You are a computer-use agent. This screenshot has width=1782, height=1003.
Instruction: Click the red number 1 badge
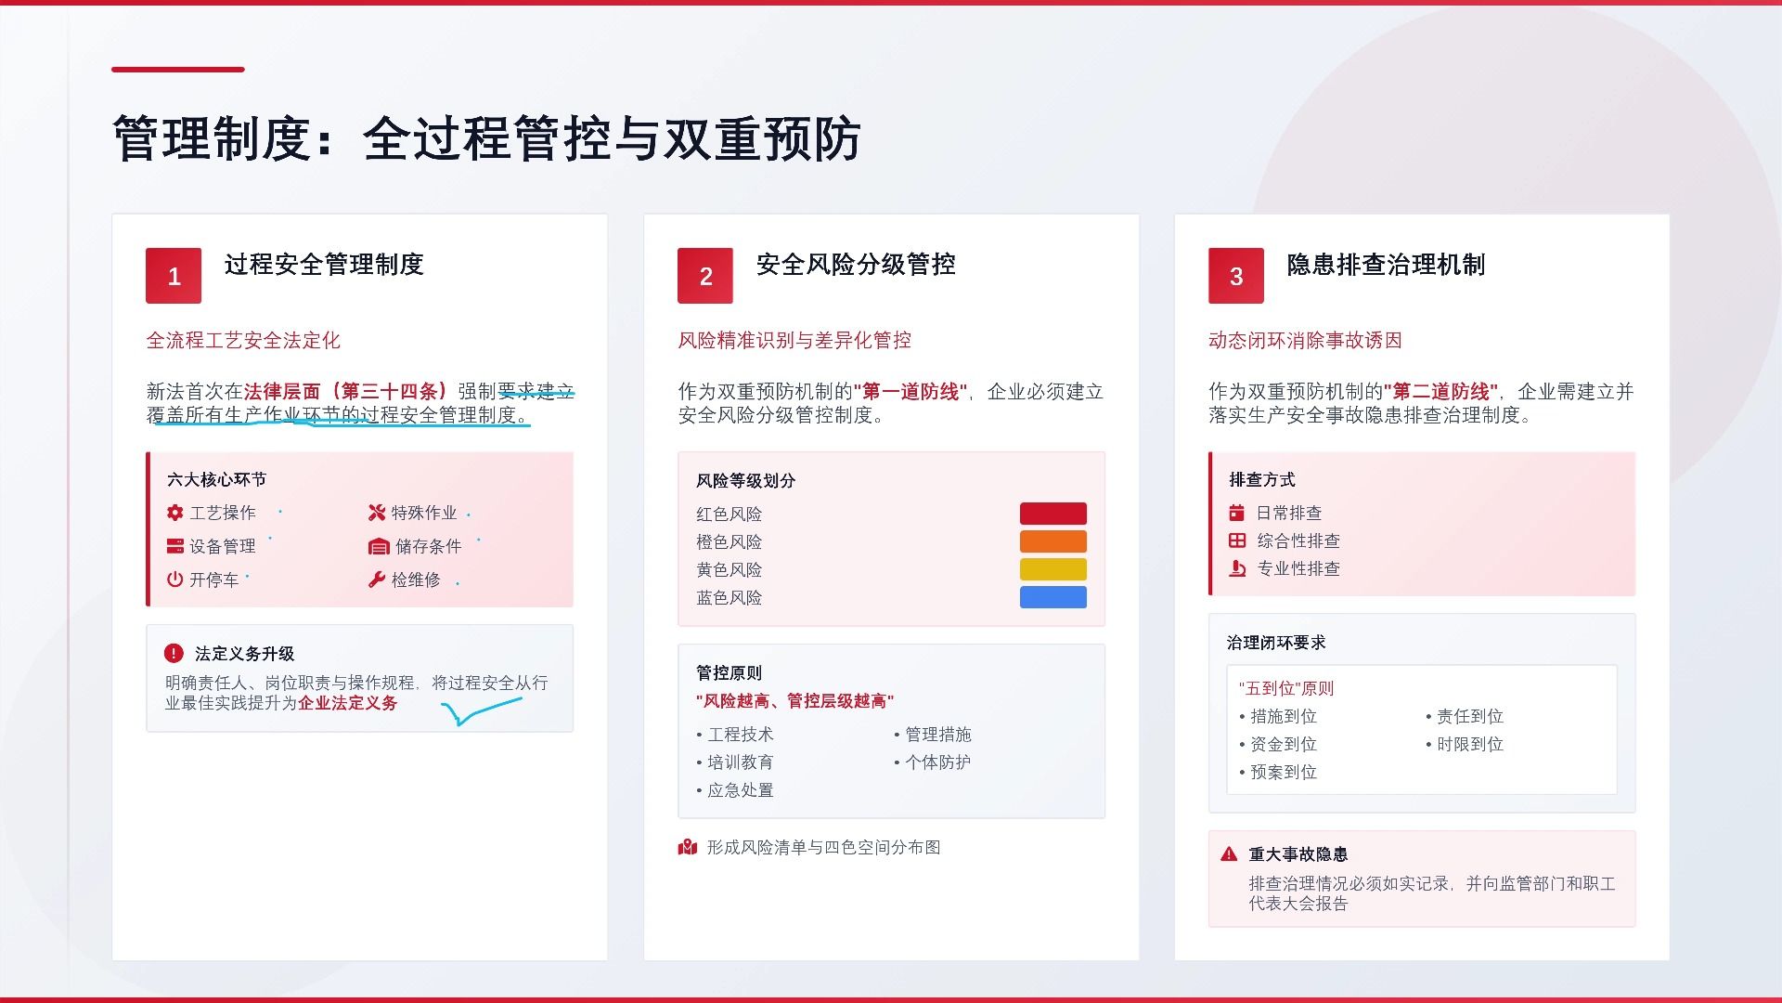pyautogui.click(x=174, y=276)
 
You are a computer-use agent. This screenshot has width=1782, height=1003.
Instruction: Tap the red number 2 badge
pyautogui.click(x=705, y=276)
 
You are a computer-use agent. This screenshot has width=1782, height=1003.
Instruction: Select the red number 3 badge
pyautogui.click(x=1236, y=276)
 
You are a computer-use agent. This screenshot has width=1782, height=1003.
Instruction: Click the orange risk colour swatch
pyautogui.click(x=1053, y=541)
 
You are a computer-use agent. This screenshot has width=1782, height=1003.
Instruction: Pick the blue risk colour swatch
pyautogui.click(x=1053, y=597)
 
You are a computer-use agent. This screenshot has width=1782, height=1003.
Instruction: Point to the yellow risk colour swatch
pyautogui.click(x=1053, y=569)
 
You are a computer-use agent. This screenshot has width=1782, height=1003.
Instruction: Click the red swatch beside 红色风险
pyautogui.click(x=1053, y=514)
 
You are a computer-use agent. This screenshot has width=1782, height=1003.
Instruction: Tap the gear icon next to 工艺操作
pyautogui.click(x=174, y=513)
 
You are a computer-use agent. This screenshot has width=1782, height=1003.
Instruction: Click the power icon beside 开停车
pyautogui.click(x=174, y=580)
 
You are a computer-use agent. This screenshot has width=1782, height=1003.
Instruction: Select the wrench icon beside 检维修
pyautogui.click(x=376, y=580)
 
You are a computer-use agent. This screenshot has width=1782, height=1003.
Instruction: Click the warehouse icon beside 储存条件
pyautogui.click(x=378, y=546)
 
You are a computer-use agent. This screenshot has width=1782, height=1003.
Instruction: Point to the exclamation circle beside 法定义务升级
pyautogui.click(x=174, y=653)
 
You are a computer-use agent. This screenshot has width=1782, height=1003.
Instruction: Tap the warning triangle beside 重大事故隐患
pyautogui.click(x=1229, y=853)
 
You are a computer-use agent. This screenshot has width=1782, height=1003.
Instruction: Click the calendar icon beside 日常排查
pyautogui.click(x=1236, y=513)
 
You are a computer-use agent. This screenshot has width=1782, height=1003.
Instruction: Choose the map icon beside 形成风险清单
pyautogui.click(x=688, y=847)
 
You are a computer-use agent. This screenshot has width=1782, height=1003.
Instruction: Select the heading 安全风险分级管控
pyautogui.click(x=856, y=265)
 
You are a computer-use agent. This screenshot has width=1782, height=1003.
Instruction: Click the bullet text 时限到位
pyautogui.click(x=1470, y=744)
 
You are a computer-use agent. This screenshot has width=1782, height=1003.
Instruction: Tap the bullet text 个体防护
pyautogui.click(x=938, y=762)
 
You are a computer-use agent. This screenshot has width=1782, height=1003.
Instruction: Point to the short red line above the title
pyautogui.click(x=178, y=69)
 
